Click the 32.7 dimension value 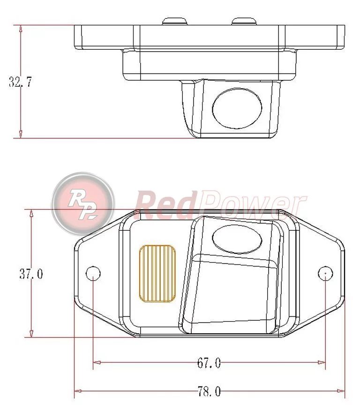point(20,82)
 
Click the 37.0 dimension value point(31,274)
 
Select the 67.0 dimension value point(209,363)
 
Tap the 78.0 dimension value point(209,391)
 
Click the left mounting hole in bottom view point(93,273)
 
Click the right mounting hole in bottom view point(325,273)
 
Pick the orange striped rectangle point(157,273)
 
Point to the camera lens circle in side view point(237,108)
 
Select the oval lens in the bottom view point(237,239)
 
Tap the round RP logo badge point(83,204)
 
